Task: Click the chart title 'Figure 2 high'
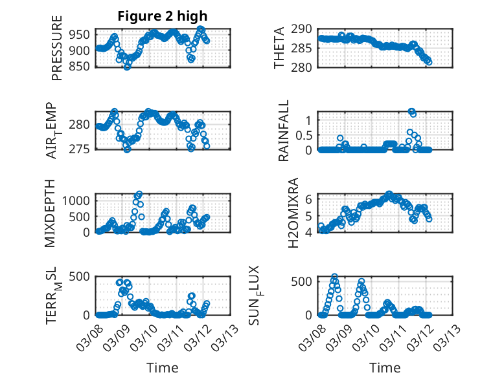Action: [163, 16]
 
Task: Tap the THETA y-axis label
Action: [279, 48]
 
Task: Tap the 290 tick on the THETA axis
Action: [305, 29]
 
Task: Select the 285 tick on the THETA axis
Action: [305, 48]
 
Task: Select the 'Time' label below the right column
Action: [385, 367]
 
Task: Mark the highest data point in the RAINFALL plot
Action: [411, 111]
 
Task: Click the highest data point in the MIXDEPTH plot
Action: [139, 193]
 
